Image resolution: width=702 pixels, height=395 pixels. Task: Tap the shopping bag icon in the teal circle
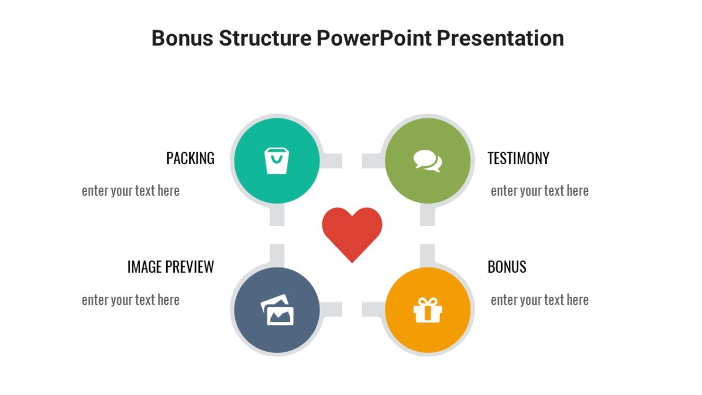tap(277, 160)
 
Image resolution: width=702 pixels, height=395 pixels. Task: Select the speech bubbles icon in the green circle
tap(428, 160)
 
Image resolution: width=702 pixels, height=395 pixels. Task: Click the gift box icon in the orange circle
tap(428, 310)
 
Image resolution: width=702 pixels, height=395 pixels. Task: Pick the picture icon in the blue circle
tap(277, 310)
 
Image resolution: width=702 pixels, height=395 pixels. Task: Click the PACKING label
tap(190, 158)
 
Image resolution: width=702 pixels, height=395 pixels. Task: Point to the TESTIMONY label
tap(518, 158)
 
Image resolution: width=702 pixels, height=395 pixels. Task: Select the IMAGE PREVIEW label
tap(170, 267)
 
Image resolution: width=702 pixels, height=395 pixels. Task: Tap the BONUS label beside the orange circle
tap(507, 267)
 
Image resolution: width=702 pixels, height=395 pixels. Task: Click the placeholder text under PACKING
tap(130, 191)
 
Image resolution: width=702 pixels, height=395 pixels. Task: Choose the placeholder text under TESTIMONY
tap(539, 191)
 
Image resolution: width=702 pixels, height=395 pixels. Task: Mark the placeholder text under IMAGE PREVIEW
tap(130, 300)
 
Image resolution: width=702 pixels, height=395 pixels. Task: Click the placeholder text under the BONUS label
tap(539, 300)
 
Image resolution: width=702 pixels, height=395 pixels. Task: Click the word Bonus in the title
tap(181, 39)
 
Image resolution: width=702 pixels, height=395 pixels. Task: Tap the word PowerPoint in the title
tap(374, 39)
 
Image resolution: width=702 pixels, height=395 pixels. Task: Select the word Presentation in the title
tap(500, 39)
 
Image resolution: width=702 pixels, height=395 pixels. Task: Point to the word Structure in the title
tap(265, 39)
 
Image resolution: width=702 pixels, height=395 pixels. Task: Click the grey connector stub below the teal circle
tap(277, 216)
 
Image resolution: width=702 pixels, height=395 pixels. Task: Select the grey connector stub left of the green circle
tap(371, 160)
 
